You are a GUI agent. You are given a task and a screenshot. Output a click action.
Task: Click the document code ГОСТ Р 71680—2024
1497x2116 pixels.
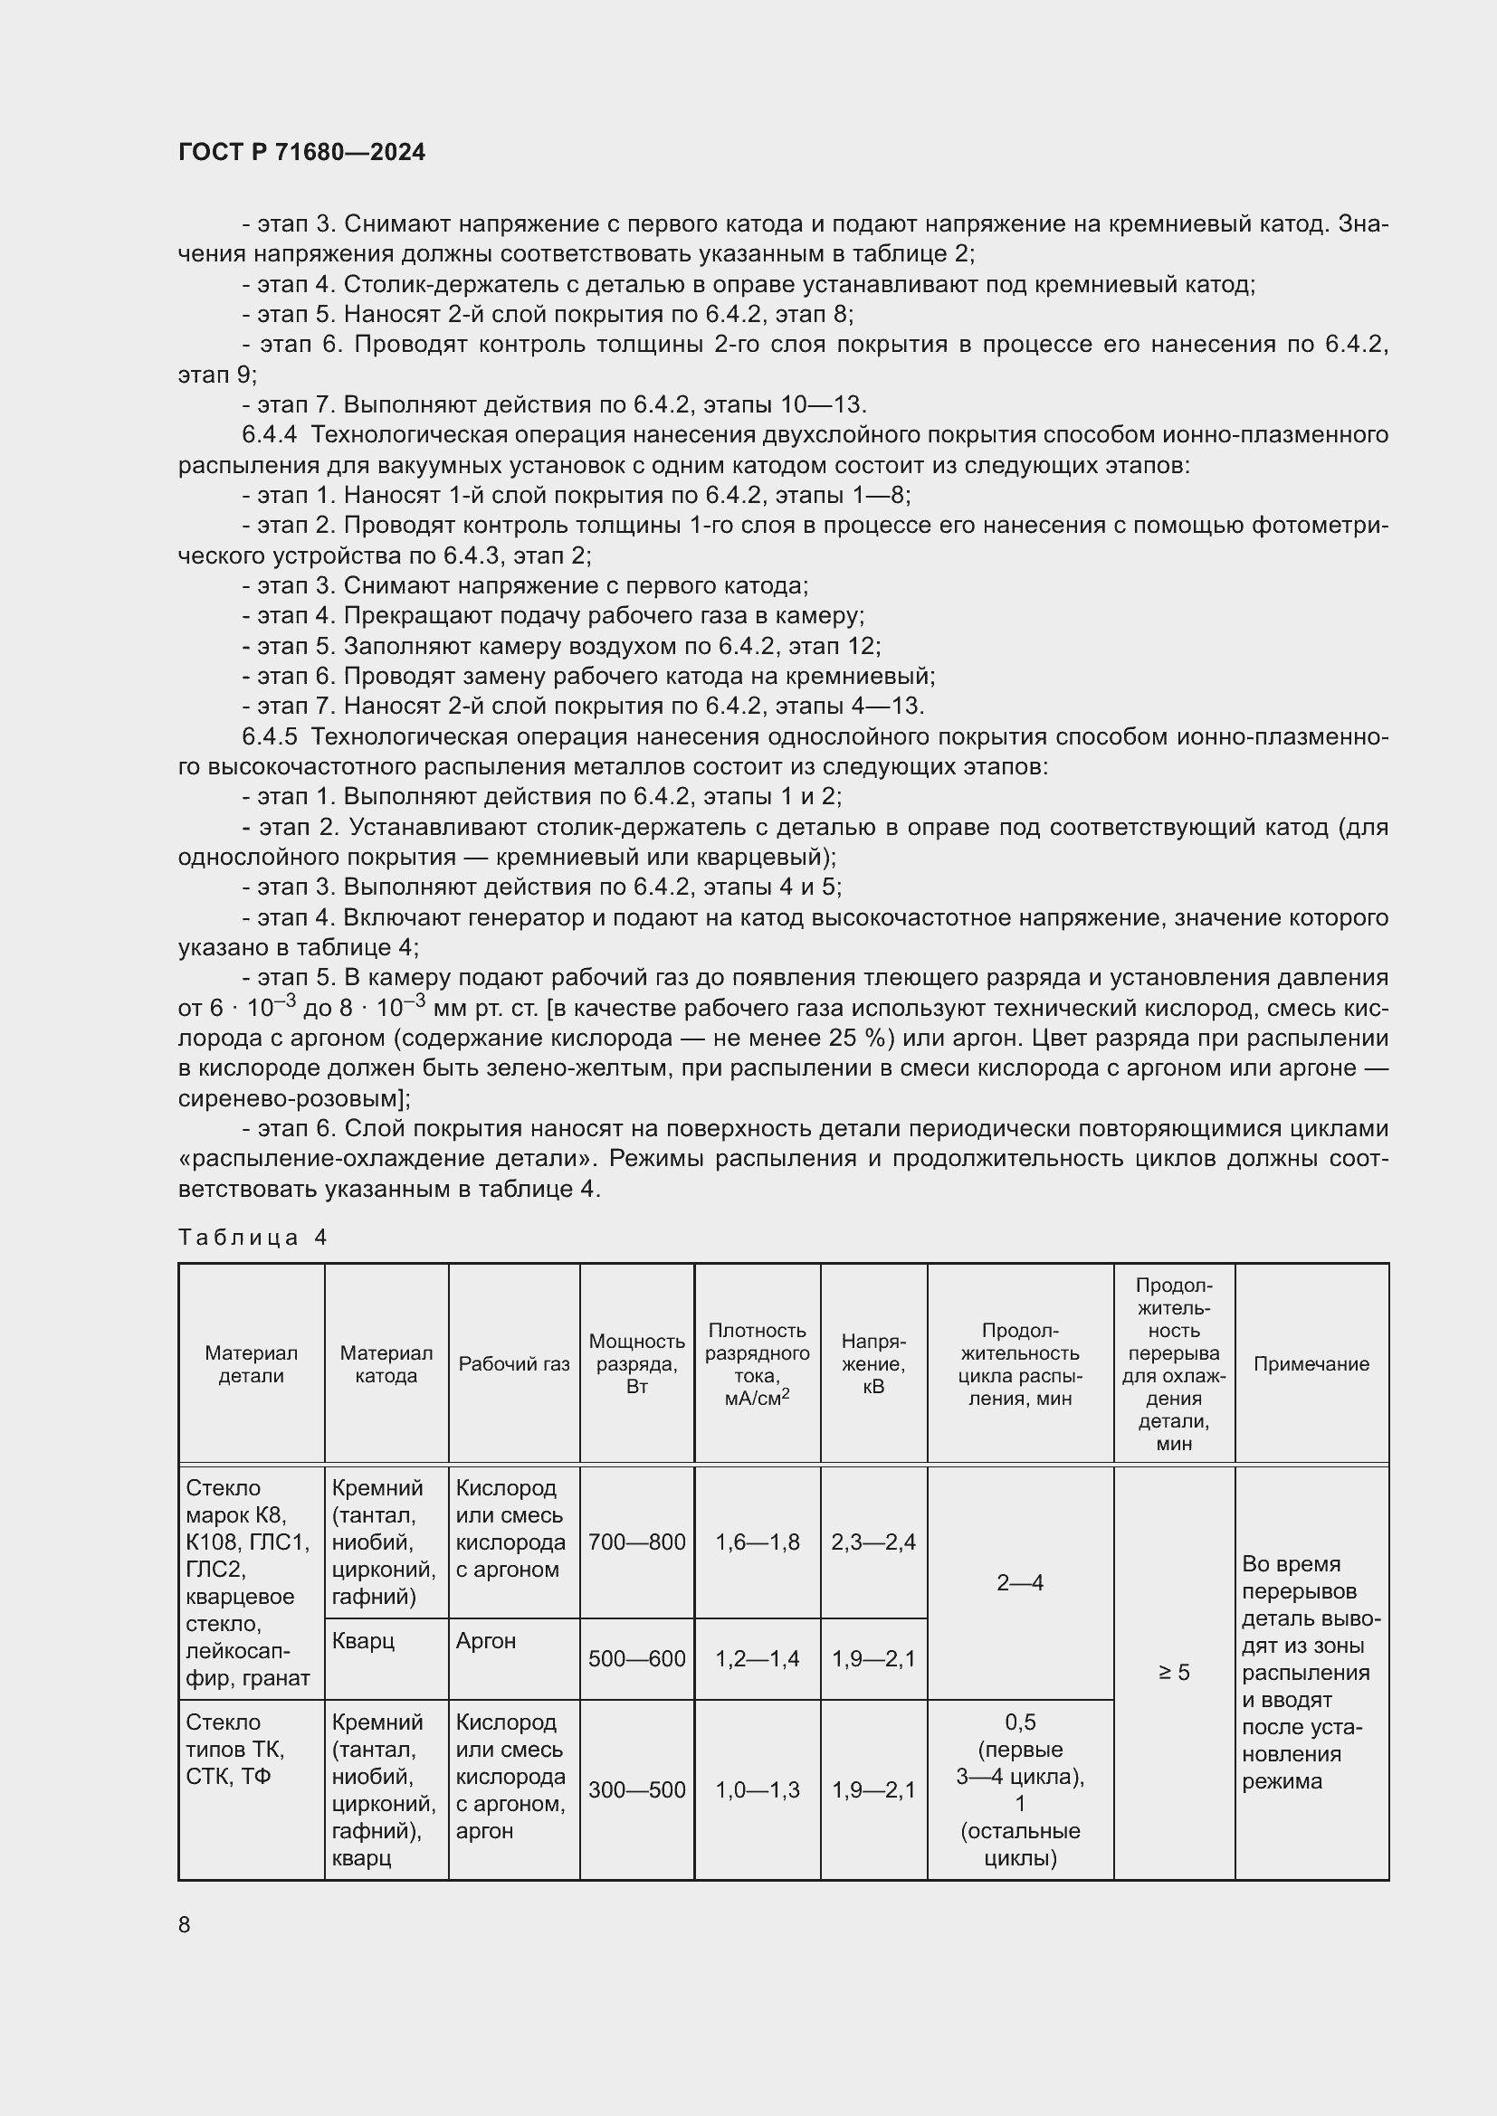301,153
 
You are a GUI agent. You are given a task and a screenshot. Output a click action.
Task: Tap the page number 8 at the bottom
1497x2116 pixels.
185,1924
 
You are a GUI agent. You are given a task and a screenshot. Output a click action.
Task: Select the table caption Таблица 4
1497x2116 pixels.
253,1237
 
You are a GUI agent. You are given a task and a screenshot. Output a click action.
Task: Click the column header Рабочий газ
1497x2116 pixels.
513,1364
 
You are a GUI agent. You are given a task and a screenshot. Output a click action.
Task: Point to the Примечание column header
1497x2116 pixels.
1311,1364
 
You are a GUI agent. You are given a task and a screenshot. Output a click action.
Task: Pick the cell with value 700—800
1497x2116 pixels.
636,1542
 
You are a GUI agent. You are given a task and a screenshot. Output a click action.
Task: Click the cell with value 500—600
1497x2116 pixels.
636,1659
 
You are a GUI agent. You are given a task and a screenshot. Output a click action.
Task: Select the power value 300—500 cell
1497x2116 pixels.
636,1789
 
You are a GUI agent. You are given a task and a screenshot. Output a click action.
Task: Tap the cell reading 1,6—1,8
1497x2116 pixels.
757,1542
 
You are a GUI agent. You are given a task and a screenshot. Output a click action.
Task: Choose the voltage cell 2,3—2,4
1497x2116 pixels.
872,1542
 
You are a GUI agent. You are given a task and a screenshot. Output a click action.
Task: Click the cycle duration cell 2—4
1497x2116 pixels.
1019,1583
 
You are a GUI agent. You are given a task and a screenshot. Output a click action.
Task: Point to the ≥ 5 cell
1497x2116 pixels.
1174,1672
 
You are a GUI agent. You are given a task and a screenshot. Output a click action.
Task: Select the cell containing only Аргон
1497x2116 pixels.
486,1641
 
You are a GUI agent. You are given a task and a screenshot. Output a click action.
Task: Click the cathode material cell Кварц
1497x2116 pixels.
363,1641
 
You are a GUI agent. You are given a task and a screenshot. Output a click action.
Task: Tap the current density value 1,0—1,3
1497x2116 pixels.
757,1789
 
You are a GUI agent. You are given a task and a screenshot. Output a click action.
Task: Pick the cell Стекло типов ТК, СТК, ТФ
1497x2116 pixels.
236,1750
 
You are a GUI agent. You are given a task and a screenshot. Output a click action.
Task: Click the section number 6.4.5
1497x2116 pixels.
269,736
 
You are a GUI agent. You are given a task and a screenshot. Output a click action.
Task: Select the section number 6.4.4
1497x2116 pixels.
269,434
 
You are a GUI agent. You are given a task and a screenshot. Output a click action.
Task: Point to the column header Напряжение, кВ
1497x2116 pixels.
872,1364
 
